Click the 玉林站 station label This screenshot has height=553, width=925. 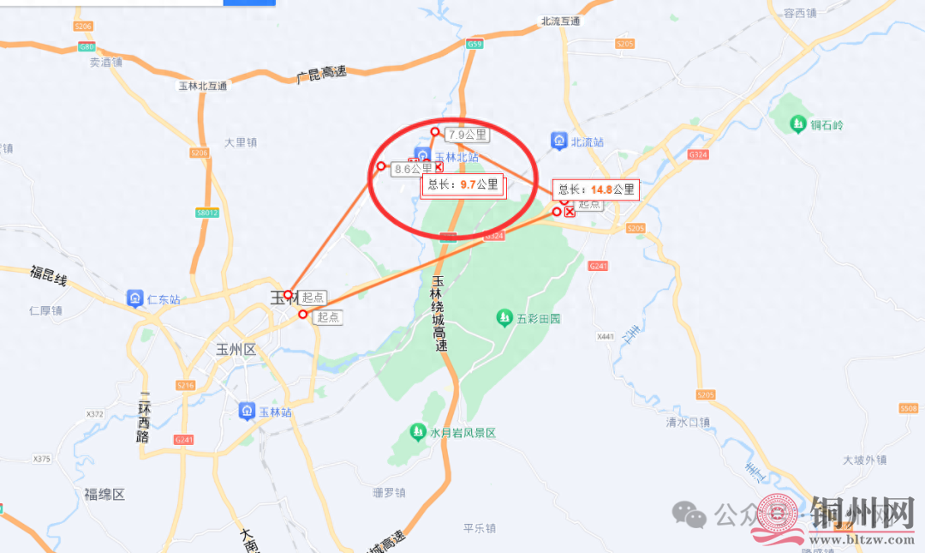pyautogui.click(x=276, y=412)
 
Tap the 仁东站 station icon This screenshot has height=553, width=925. pyautogui.click(x=135, y=298)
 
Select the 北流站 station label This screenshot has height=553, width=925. pyautogui.click(x=588, y=141)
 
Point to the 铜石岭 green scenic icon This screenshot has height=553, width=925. pyautogui.click(x=798, y=125)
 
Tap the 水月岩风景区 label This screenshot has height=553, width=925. pyautogui.click(x=462, y=433)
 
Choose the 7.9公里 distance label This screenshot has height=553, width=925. pyautogui.click(x=467, y=135)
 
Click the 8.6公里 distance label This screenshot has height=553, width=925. pyautogui.click(x=413, y=170)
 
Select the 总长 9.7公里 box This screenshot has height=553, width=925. pyautogui.click(x=462, y=184)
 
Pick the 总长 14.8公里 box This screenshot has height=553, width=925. pyautogui.click(x=597, y=189)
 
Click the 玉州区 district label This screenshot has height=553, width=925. pyautogui.click(x=236, y=350)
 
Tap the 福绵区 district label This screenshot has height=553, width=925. pyautogui.click(x=104, y=495)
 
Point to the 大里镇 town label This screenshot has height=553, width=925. pyautogui.click(x=240, y=142)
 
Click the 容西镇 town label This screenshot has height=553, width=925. pyautogui.click(x=800, y=12)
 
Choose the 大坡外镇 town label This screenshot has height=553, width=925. pyautogui.click(x=863, y=460)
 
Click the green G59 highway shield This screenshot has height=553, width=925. pyautogui.click(x=474, y=44)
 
